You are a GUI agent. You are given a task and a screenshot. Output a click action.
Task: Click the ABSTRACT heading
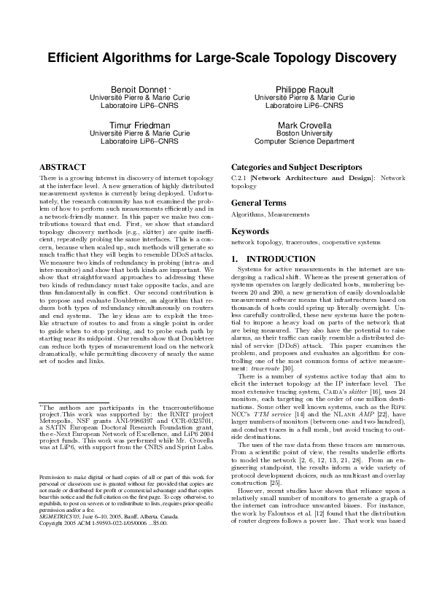[x=62, y=167]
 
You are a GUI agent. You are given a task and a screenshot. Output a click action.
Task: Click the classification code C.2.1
[x=239, y=177]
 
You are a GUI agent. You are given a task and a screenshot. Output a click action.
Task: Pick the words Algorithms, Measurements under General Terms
[x=260, y=215]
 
